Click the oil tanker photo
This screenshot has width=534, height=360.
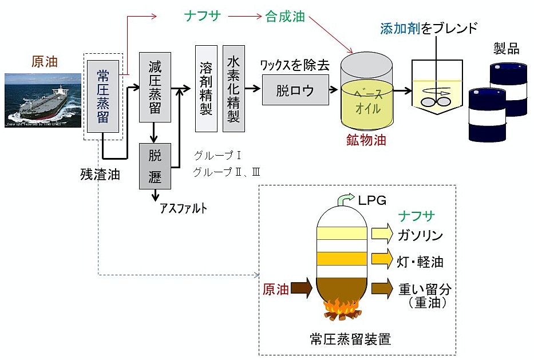tap(43, 100)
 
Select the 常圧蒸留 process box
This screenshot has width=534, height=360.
tap(103, 95)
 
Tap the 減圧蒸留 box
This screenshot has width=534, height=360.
tap(155, 87)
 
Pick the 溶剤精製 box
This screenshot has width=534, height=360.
tap(206, 88)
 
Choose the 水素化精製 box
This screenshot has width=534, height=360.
tap(234, 88)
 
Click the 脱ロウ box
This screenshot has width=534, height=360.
tap(295, 90)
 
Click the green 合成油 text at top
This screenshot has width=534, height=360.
tap(285, 17)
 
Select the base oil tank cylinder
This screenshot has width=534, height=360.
tap(368, 94)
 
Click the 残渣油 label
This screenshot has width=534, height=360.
tap(100, 175)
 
